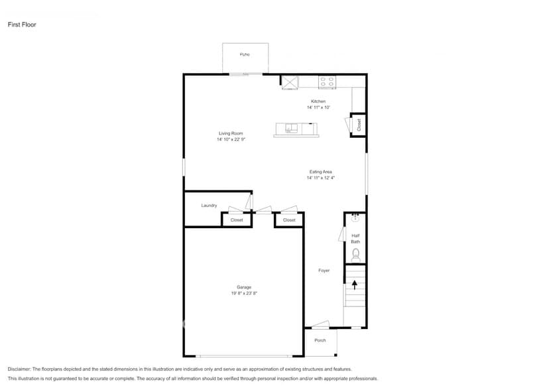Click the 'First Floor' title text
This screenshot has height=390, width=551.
pos(22,25)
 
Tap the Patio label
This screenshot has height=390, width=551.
pos(245,54)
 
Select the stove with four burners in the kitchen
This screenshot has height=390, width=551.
pos(327,82)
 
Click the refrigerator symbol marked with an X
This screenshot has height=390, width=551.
pos(290,82)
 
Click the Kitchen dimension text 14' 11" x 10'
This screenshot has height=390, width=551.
pos(318,107)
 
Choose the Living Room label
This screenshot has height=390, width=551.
pos(231,133)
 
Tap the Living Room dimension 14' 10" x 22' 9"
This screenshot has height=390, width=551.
pos(231,139)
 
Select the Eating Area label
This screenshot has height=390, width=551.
pos(320,172)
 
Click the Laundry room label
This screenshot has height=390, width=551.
pos(209,206)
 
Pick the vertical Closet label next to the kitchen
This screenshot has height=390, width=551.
pos(359,124)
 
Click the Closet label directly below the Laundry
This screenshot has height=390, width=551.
pos(237,220)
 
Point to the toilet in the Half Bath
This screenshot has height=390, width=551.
pos(355,254)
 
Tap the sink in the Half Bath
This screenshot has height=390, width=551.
pos(355,217)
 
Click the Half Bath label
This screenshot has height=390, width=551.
pos(355,238)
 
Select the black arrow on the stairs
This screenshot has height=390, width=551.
pos(355,285)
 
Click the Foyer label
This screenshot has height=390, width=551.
pos(324,271)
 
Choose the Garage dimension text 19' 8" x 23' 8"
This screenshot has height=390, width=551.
pos(244,293)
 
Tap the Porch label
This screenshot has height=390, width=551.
pos(320,340)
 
